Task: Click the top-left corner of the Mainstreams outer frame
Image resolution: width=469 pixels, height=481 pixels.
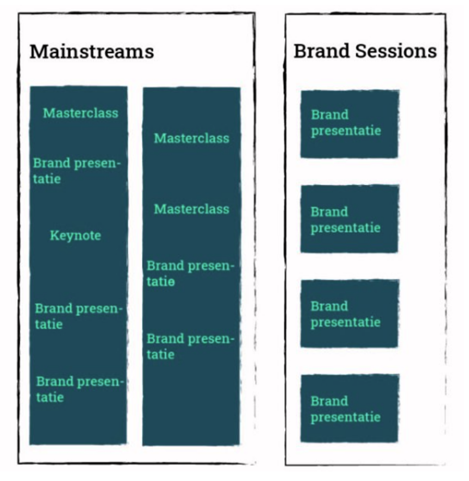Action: click(19, 14)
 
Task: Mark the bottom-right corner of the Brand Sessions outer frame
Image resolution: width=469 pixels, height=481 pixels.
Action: click(445, 465)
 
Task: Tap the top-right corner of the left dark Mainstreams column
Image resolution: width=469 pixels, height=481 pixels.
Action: click(127, 87)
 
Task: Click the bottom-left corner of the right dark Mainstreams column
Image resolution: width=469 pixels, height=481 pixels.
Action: click(143, 445)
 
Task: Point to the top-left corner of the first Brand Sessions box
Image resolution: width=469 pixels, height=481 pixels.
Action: click(301, 91)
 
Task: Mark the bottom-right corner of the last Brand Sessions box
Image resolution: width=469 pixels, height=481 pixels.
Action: click(398, 442)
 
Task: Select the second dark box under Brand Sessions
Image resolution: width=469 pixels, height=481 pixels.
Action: click(349, 219)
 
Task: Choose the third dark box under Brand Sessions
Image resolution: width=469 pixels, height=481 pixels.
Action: click(349, 314)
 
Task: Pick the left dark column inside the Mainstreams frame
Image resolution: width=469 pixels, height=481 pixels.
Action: click(78, 265)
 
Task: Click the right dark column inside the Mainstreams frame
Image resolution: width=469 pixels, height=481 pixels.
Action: click(191, 266)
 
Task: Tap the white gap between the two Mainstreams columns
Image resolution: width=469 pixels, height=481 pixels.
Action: click(135, 266)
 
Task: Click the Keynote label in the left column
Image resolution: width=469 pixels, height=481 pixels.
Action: click(76, 236)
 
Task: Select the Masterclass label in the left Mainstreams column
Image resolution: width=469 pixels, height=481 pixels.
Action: click(81, 113)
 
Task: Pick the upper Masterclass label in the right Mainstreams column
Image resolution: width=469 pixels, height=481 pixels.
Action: click(191, 138)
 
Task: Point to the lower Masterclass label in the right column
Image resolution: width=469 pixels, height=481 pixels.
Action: click(191, 209)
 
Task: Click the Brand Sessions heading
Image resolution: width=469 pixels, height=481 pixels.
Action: click(365, 51)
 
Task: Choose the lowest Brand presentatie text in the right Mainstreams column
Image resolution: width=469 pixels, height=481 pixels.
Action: click(190, 347)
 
